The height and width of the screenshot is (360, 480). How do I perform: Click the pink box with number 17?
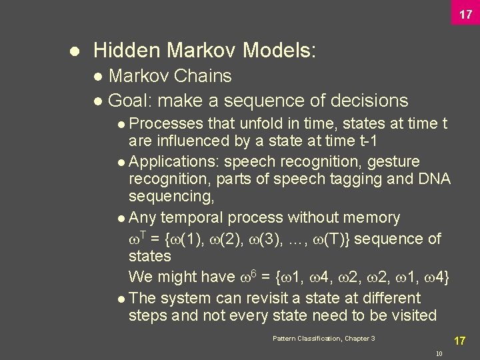[x=465, y=13]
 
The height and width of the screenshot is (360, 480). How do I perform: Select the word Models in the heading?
[x=279, y=50]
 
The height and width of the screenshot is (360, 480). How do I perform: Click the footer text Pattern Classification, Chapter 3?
[x=324, y=339]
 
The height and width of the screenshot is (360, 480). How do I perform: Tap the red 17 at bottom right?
[x=459, y=341]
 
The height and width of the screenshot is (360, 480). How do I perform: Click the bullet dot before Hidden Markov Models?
[x=75, y=51]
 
